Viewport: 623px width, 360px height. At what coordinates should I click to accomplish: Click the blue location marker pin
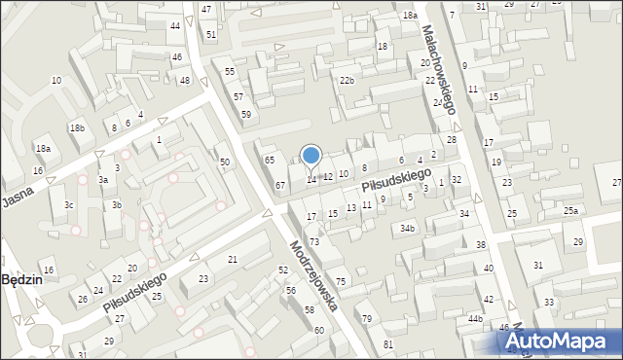pos(311,156)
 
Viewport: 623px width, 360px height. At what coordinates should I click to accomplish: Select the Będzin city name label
pos(19,279)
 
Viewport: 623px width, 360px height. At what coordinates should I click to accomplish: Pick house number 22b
pos(347,81)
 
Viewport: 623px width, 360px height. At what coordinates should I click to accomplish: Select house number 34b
pos(407,229)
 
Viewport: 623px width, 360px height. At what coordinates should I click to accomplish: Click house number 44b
pos(475,319)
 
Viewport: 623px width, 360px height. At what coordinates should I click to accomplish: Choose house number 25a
pos(570,211)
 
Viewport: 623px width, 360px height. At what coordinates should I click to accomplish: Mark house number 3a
pos(102,180)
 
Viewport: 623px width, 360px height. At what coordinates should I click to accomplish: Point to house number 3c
pos(68,205)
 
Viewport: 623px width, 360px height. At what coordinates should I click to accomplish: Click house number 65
pos(270,160)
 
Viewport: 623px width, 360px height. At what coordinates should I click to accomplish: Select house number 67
pos(279,185)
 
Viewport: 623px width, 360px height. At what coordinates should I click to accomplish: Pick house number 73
pos(314,241)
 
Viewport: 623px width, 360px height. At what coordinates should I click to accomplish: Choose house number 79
pos(367,319)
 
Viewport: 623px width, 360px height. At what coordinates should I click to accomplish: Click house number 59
pos(247,115)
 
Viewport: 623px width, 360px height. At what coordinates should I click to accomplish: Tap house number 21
pos(233,259)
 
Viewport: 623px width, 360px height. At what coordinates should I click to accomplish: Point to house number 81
pos(388,345)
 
